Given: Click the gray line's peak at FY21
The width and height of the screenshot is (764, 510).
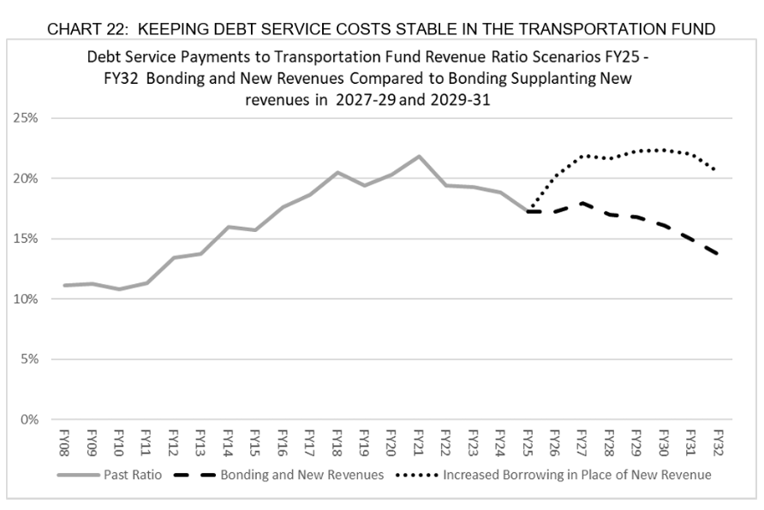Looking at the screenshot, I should point(419,157).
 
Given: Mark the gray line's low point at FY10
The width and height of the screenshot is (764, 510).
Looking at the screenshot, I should point(119,289).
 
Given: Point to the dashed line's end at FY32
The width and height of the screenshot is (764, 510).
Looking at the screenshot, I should point(718,254).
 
